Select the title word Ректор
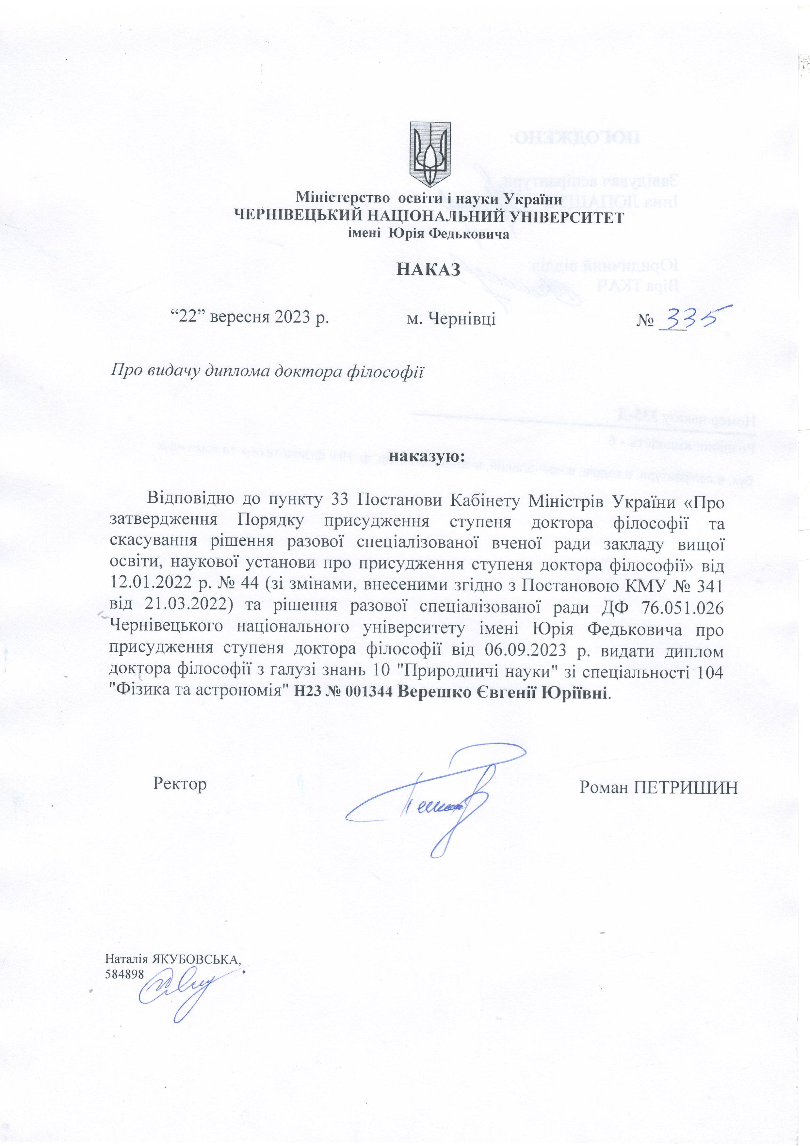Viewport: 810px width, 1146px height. click(180, 784)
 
